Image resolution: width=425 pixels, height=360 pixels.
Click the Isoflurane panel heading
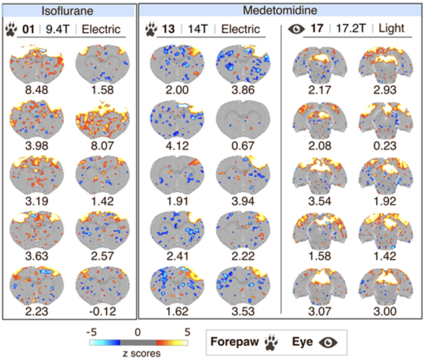pos(68,10)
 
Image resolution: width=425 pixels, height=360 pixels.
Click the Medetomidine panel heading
pos(280,10)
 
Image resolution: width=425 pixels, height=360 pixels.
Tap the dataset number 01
pos(27,29)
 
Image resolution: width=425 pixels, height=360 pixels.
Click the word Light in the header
pos(391,29)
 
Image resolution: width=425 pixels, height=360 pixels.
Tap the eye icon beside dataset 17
pos(296,29)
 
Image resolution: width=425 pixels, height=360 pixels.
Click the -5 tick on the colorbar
pos(94,332)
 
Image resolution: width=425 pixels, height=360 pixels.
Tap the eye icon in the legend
pos(328,342)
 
